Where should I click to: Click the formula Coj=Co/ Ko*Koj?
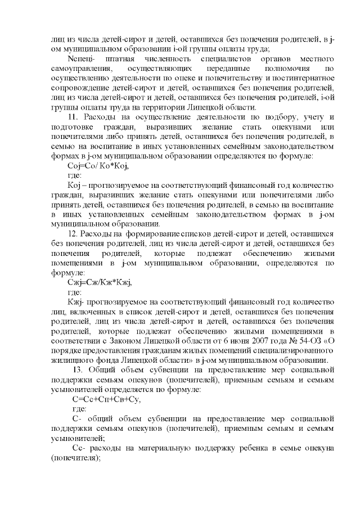94,165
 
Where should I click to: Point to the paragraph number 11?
73,116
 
